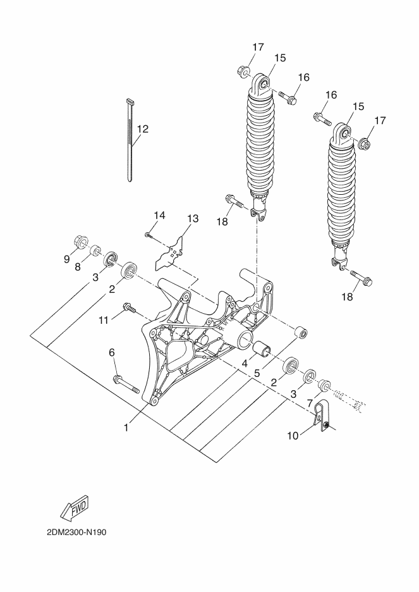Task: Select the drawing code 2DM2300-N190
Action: pyautogui.click(x=77, y=533)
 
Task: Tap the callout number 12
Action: pyautogui.click(x=143, y=129)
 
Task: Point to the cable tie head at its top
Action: pyautogui.click(x=130, y=102)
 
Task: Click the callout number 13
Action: pyautogui.click(x=192, y=219)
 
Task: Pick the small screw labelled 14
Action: pyautogui.click(x=148, y=235)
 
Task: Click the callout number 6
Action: pyautogui.click(x=112, y=353)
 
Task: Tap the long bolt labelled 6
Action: pyautogui.click(x=126, y=384)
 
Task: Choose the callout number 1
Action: pyautogui.click(x=126, y=428)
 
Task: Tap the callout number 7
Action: pyautogui.click(x=309, y=403)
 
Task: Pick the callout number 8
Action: pyautogui.click(x=77, y=267)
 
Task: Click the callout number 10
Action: pyautogui.click(x=293, y=436)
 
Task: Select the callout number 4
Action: pyautogui.click(x=245, y=364)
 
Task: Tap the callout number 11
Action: pyautogui.click(x=104, y=321)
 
